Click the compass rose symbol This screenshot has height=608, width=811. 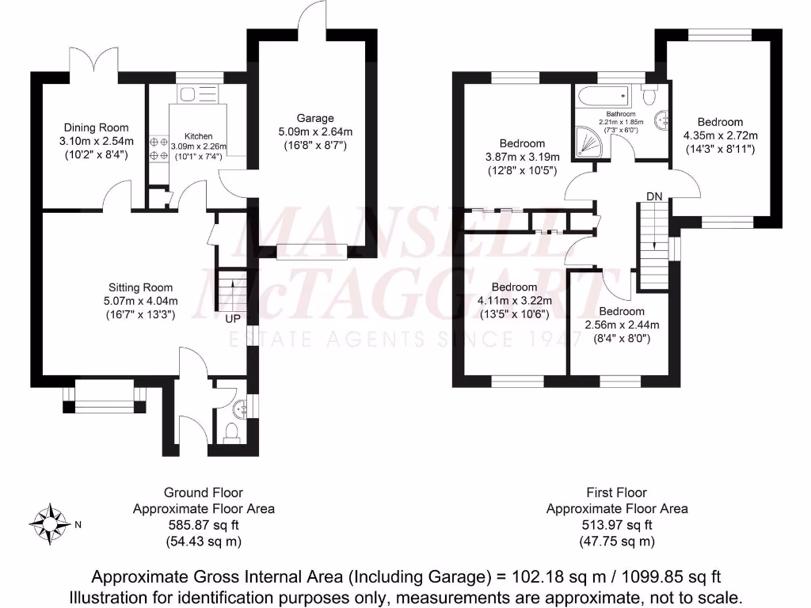point(48,523)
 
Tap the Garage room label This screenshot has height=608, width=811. point(316,119)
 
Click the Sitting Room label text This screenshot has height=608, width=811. point(141,287)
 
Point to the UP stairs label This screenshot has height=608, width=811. point(233,318)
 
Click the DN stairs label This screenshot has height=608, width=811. point(654,196)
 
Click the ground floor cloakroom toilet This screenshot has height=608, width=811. point(231,431)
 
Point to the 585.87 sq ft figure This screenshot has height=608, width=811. point(204,525)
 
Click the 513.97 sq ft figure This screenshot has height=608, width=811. point(617,525)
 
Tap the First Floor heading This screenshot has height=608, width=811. point(617,492)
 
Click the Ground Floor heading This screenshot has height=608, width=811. point(204,492)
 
